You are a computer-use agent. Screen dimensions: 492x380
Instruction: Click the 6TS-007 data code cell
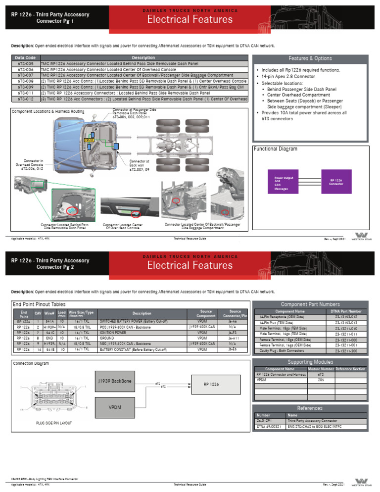[x=25, y=75]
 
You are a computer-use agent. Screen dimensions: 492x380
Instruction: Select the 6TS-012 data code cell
[x=25, y=98]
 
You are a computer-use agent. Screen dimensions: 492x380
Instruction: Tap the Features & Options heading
[x=310, y=58]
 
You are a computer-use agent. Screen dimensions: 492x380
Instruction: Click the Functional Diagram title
[x=276, y=148]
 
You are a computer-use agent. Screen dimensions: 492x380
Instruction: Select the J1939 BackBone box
[x=115, y=382]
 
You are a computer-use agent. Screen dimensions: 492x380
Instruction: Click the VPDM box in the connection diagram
[x=115, y=407]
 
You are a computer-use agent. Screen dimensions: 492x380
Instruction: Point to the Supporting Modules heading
[x=310, y=362]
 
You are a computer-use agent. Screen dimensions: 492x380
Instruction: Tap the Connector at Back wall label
[x=139, y=165]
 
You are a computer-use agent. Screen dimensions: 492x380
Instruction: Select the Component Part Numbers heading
[x=310, y=304]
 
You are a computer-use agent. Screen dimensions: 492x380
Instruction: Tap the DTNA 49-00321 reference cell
[x=269, y=426]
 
